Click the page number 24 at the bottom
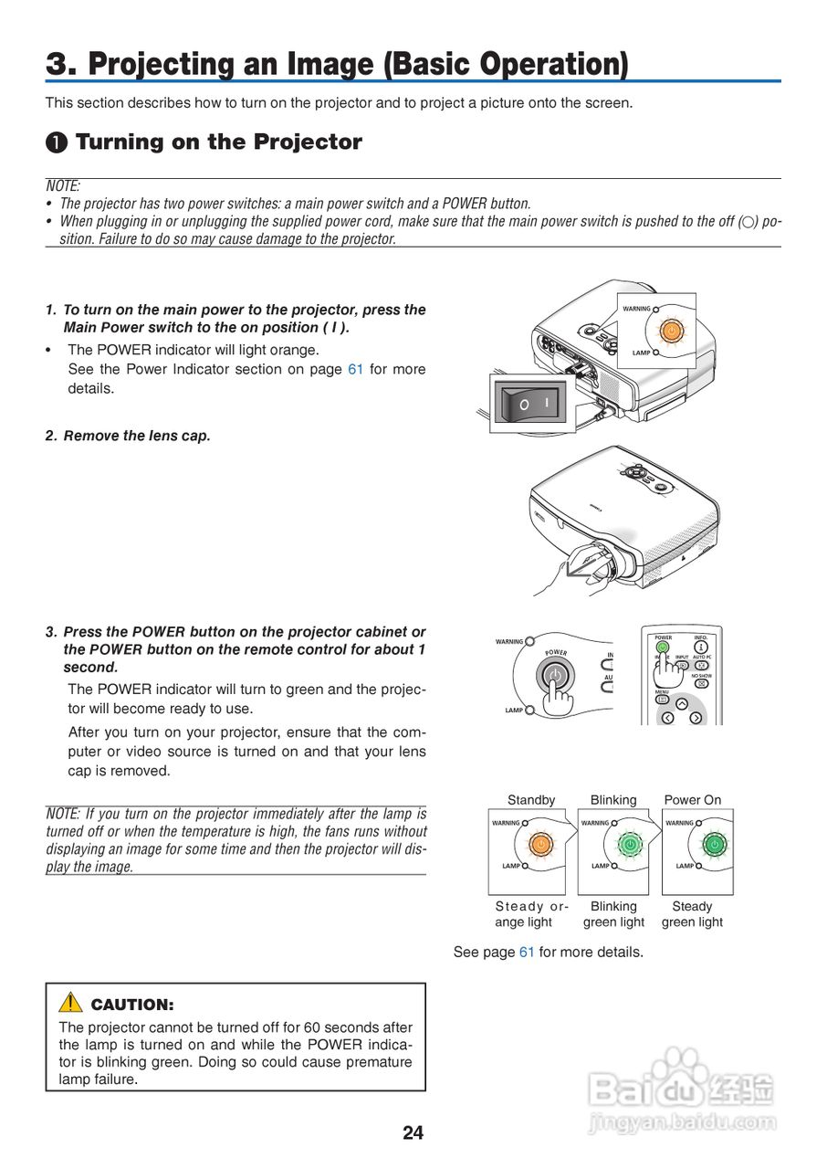coord(413,1133)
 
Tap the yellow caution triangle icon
coord(70,1003)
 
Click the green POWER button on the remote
coord(664,648)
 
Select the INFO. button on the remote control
coord(701,648)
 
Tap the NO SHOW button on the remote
coord(701,682)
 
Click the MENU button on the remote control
coord(663,700)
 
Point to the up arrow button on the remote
coord(681,703)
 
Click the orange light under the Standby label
coord(540,844)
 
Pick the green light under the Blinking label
coord(628,844)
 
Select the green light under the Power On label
coord(714,844)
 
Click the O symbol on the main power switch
coord(524,404)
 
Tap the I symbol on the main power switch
coord(548,402)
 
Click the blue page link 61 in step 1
coord(355,369)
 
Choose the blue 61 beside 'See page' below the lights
coord(527,952)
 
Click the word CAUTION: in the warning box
coord(132,1005)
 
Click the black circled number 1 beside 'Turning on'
coord(58,142)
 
